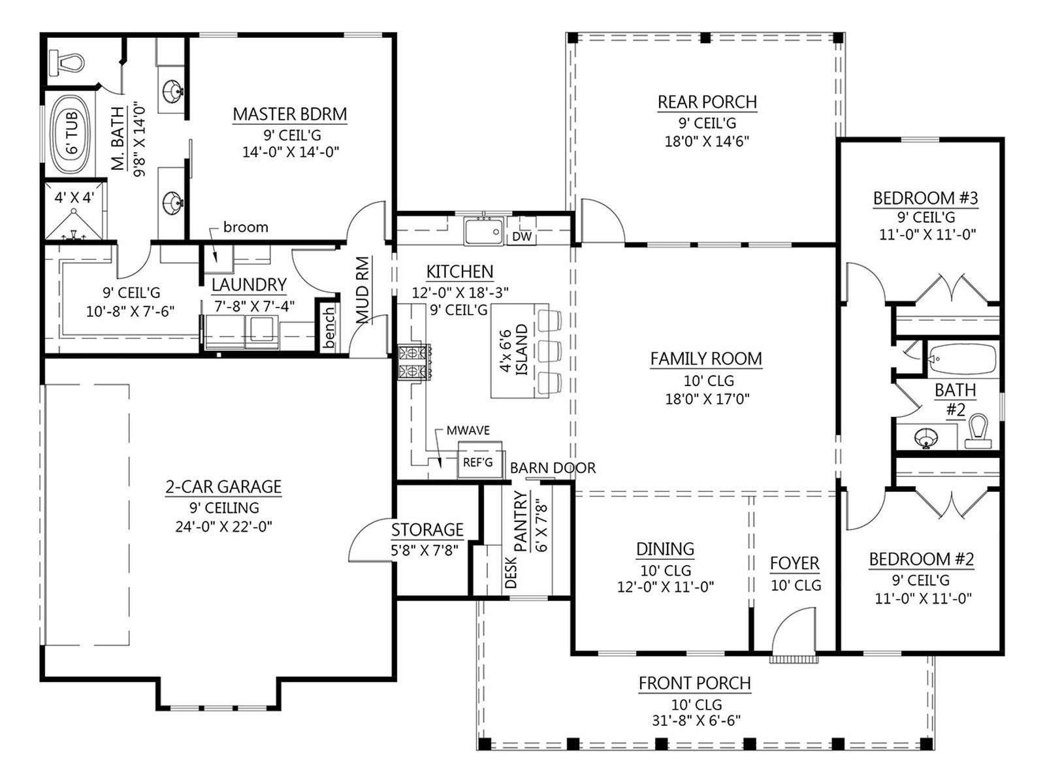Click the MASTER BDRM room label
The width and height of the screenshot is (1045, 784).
289,115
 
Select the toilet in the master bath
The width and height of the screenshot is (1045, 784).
66,62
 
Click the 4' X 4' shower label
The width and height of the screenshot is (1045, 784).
74,197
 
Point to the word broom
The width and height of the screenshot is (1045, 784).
246,227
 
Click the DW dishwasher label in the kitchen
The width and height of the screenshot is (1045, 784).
522,237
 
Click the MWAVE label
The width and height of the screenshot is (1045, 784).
468,431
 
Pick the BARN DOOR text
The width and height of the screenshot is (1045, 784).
553,468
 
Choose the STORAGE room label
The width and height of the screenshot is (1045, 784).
427,529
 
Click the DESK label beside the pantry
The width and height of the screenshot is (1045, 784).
510,573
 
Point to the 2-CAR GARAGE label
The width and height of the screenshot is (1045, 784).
223,487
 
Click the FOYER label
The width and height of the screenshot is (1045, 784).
795,563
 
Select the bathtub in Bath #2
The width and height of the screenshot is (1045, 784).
962,359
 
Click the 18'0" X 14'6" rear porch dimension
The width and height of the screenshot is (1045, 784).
707,141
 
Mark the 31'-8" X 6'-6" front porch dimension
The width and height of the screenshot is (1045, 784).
696,720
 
